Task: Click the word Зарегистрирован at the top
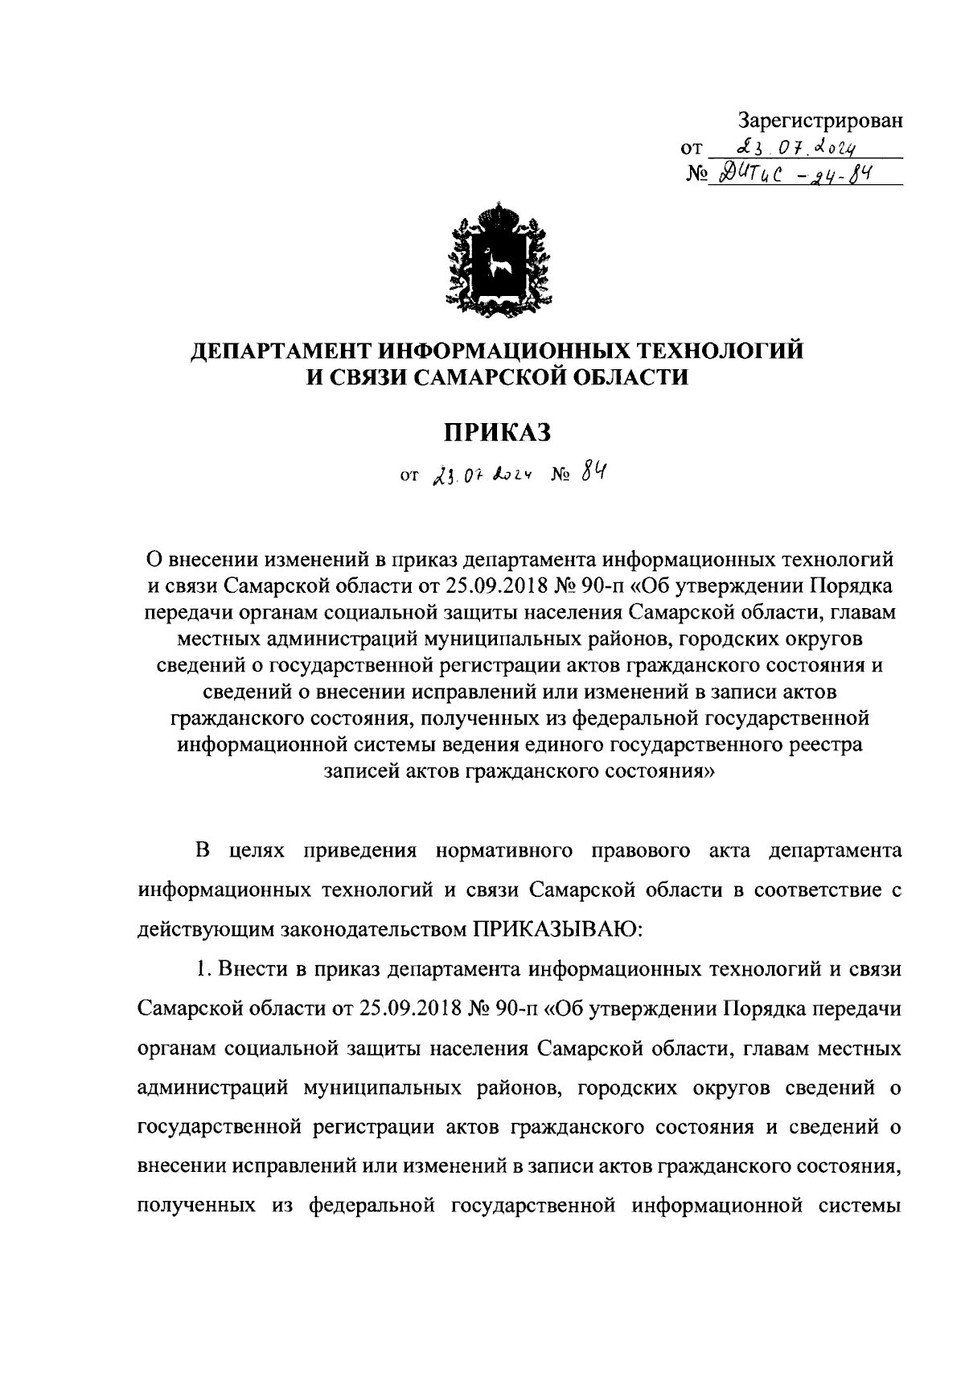click(x=820, y=121)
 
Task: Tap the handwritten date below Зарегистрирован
click(x=784, y=148)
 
